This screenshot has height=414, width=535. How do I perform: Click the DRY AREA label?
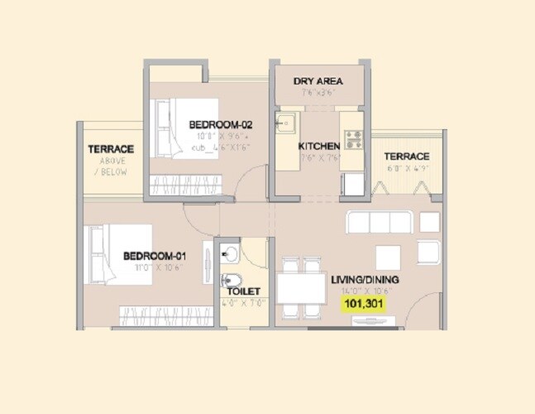click(x=318, y=81)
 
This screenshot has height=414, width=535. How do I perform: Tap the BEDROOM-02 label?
click(x=220, y=125)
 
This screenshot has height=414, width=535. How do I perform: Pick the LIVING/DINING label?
click(x=363, y=280)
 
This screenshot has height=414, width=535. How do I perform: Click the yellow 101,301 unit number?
click(x=364, y=304)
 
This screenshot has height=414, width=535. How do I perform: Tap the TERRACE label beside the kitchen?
click(x=407, y=156)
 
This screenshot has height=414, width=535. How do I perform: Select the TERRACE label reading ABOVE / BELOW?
click(x=111, y=149)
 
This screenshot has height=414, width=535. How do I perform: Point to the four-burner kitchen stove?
click(x=354, y=138)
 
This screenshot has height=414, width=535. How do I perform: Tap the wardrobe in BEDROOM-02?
click(x=191, y=184)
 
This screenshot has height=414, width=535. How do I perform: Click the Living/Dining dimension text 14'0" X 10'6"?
click(x=363, y=291)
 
